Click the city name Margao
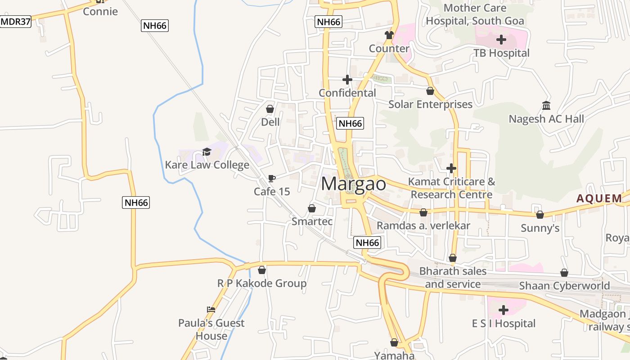(354, 184)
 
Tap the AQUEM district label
(600, 198)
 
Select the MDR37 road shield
(16, 22)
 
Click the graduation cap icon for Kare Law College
(207, 152)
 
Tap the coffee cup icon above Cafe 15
(271, 179)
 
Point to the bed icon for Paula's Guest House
(211, 310)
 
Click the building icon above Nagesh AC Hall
(546, 106)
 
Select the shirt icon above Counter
(389, 35)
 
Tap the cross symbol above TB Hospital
(501, 40)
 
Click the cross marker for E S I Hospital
(504, 310)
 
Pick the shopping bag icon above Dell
(270, 109)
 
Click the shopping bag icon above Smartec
(312, 209)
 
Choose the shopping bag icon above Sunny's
(540, 215)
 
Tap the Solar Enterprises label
(430, 104)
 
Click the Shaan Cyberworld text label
(564, 286)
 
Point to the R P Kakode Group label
(262, 283)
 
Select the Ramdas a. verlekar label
(423, 225)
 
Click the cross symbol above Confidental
(347, 80)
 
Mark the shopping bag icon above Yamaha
(394, 343)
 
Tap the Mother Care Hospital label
(475, 14)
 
